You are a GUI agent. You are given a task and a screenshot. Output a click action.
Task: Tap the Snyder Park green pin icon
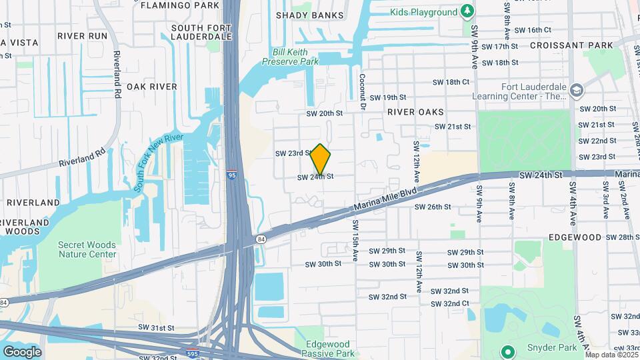(507, 351)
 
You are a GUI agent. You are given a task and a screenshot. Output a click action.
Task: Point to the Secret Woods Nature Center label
(78, 249)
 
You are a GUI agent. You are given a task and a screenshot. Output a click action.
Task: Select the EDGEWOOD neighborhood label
(575, 237)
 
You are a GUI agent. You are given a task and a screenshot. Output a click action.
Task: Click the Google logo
(22, 352)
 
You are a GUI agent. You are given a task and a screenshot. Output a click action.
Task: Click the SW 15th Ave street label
(355, 240)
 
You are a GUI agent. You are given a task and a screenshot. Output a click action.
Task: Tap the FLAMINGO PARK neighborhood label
(177, 5)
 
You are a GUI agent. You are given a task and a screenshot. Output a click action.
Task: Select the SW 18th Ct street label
(451, 82)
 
